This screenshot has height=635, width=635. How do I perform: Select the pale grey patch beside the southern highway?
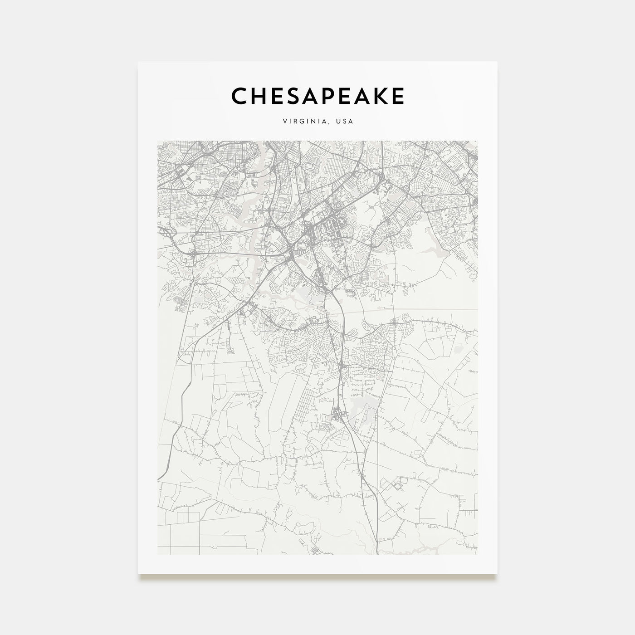tap(363, 410)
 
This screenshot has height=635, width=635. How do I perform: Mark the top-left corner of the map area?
tap(157, 141)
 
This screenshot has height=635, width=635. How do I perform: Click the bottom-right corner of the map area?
tap(478, 554)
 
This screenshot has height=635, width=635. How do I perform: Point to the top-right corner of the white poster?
tap(497, 62)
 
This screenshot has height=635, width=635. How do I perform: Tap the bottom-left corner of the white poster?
tap(138, 574)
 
